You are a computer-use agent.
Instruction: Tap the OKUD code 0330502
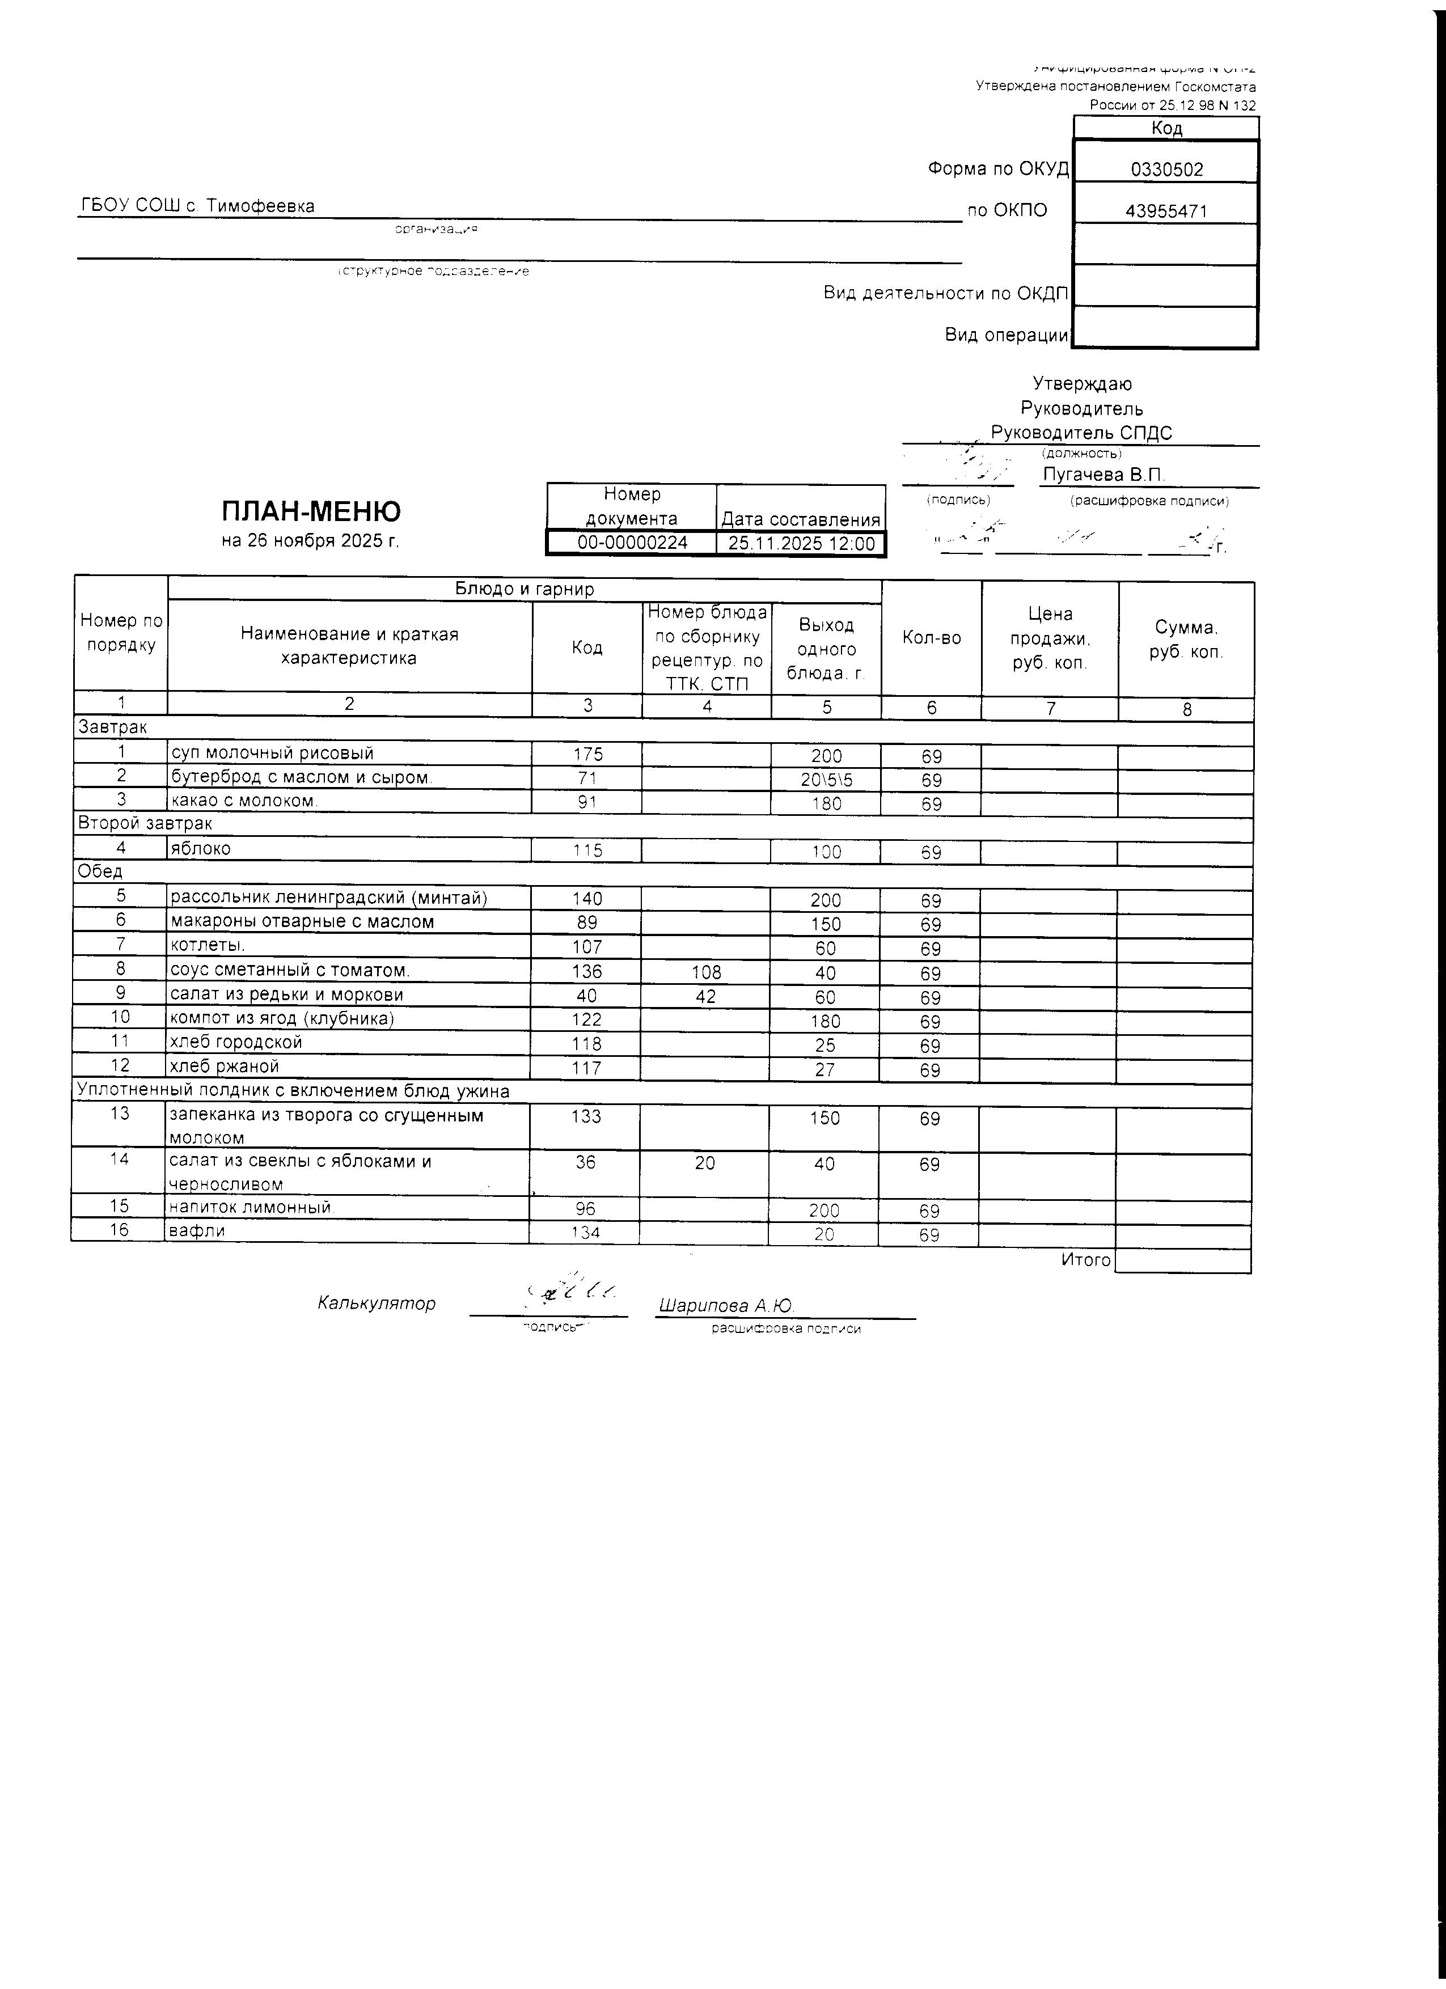click(1166, 170)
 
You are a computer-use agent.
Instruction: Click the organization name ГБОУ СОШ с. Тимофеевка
click(197, 206)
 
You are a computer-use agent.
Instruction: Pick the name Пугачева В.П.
click(1103, 475)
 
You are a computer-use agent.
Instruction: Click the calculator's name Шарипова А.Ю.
click(726, 1306)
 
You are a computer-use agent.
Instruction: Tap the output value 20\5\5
click(826, 780)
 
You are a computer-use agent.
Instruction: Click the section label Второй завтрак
click(145, 823)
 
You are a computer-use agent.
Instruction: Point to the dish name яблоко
click(200, 849)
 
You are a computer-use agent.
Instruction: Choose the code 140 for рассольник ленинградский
click(587, 899)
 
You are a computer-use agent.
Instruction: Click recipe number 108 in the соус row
click(706, 972)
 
